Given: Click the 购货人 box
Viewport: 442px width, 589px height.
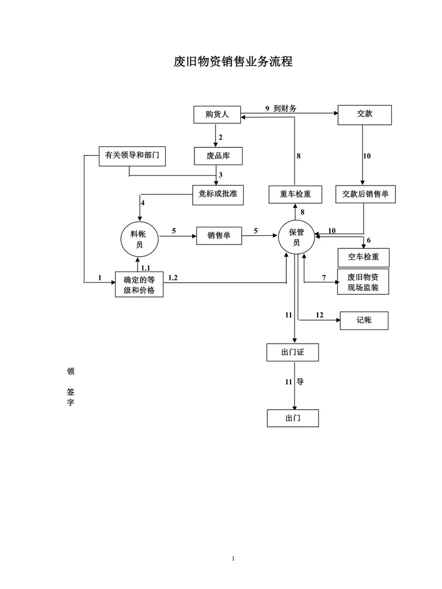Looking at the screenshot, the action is point(217,115).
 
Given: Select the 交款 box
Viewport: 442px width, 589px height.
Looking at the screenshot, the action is point(365,115).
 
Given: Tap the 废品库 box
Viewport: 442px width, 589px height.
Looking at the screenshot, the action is point(218,156).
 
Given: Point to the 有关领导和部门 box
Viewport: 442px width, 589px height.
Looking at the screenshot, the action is point(132,156).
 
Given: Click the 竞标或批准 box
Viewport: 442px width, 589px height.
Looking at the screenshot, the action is point(218,195).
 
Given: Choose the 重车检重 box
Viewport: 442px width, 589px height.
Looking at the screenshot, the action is point(296,194).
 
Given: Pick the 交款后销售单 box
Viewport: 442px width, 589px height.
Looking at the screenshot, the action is point(365,194).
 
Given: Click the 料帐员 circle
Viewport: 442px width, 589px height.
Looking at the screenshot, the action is point(139,239).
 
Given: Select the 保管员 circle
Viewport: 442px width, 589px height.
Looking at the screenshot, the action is point(297,237).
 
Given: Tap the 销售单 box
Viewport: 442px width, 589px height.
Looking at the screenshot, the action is point(219,236).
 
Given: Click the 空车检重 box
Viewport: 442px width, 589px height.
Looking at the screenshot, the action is point(364,257).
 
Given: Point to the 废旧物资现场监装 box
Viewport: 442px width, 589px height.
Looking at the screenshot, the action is point(363,282).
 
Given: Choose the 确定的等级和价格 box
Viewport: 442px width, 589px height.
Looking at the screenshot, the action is point(139,285).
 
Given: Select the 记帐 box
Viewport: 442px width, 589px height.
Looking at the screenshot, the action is point(364,321).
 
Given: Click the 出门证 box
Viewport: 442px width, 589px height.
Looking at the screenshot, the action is point(293,352).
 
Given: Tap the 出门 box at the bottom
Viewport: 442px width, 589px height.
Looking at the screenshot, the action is point(293,418).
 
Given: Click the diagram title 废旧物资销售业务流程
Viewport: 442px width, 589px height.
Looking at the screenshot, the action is point(233,61).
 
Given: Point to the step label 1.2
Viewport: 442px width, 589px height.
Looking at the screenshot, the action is point(173,278).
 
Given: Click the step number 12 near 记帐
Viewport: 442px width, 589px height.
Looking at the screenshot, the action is point(319,315).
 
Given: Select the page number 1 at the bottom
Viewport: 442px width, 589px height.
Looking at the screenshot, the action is point(233,559).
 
